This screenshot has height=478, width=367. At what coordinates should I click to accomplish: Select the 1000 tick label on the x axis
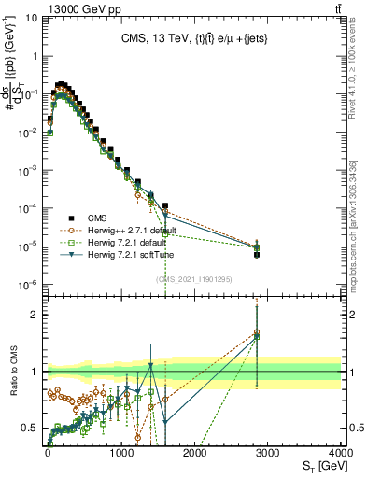pyautogui.click(x=121, y=452)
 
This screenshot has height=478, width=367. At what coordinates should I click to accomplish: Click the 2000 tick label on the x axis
pyautogui.click(x=194, y=452)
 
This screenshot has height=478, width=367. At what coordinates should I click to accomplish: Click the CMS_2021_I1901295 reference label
pyautogui.click(x=194, y=278)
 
